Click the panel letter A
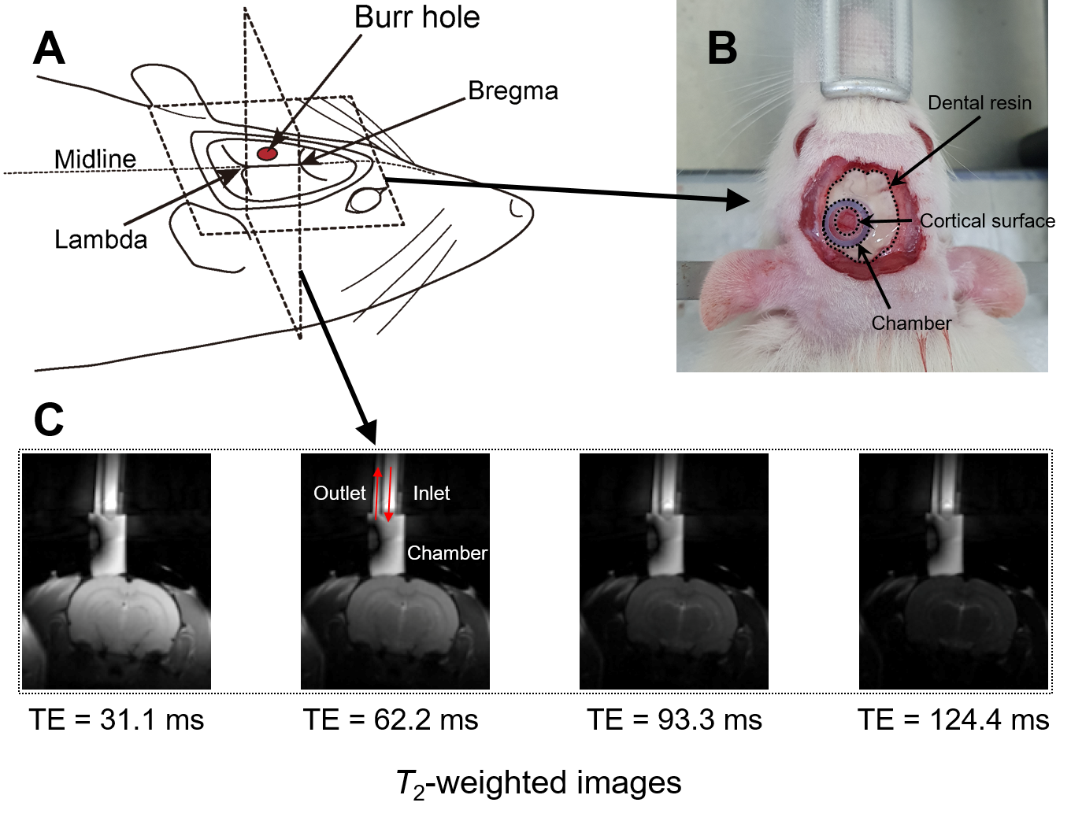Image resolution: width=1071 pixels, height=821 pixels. click(x=49, y=49)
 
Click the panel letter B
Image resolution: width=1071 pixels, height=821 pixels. click(x=722, y=49)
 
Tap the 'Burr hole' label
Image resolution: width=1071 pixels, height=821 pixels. click(x=417, y=17)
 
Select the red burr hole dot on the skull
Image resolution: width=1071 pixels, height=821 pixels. click(x=268, y=153)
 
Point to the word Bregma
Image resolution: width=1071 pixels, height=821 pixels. click(x=513, y=91)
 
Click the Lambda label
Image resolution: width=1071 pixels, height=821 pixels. click(x=101, y=239)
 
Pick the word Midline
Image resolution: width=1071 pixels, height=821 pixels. click(x=95, y=159)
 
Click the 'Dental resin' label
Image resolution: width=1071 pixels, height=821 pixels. click(x=979, y=103)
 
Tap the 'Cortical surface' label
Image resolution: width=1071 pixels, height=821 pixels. click(x=987, y=221)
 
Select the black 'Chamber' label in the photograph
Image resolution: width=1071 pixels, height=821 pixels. click(x=911, y=324)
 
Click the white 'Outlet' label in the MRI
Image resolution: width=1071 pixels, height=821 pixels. click(x=339, y=494)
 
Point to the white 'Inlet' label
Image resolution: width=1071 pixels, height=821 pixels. click(x=431, y=494)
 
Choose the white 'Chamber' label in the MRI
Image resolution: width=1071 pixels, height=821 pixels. click(x=447, y=553)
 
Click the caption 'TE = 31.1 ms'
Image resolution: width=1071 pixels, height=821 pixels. click(x=117, y=720)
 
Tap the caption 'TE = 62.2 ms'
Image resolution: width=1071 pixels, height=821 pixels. click(x=391, y=720)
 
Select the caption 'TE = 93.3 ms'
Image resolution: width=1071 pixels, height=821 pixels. click(x=674, y=720)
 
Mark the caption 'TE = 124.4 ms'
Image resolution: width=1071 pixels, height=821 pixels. click(x=953, y=720)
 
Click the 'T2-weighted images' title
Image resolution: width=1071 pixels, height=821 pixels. click(x=539, y=784)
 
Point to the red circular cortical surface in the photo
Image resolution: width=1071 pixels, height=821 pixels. click(x=847, y=221)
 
